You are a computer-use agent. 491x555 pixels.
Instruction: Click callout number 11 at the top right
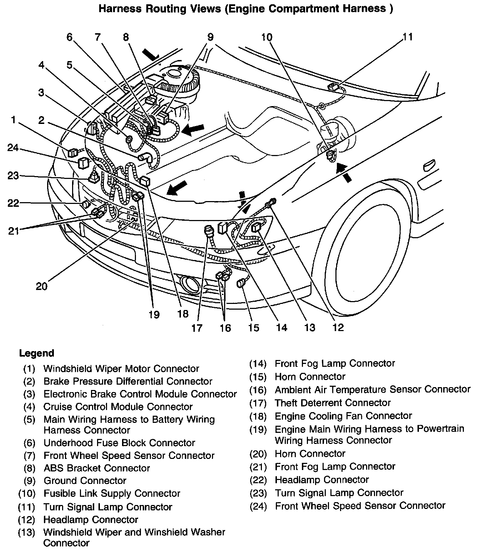[x=408, y=37]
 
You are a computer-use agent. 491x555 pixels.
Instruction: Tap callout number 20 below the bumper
[x=41, y=286]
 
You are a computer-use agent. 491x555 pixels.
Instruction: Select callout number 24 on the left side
[x=13, y=147]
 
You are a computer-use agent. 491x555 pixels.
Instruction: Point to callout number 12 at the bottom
[x=338, y=327]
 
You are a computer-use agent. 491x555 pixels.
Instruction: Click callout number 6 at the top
[x=69, y=37]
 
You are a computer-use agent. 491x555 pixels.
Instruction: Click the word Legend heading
[x=36, y=353]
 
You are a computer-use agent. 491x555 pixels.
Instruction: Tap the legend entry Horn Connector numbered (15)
[x=310, y=376]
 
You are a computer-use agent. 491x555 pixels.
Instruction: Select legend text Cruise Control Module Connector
[x=118, y=406]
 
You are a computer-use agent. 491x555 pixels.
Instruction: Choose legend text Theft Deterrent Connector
[x=333, y=402]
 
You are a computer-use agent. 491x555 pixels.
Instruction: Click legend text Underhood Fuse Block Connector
[x=119, y=443]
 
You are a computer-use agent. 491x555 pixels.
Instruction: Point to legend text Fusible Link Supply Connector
[x=112, y=494]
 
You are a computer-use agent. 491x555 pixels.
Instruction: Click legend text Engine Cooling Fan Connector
[x=343, y=416]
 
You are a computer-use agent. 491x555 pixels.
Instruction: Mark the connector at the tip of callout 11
[x=333, y=87]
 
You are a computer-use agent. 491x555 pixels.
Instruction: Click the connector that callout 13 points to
[x=257, y=227]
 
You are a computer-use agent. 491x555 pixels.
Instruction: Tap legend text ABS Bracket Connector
[x=97, y=468]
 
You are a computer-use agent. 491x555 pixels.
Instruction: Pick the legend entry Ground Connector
[x=85, y=481]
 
